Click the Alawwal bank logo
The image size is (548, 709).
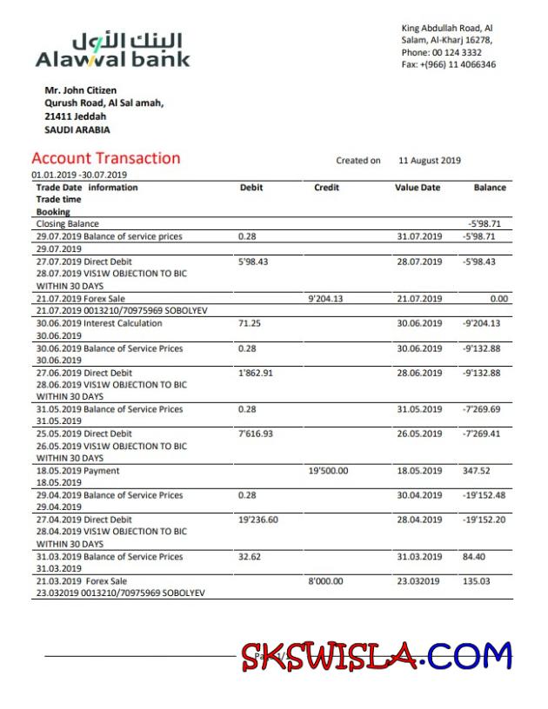(x=112, y=50)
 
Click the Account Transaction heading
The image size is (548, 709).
(x=105, y=158)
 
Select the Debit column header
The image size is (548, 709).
(x=251, y=188)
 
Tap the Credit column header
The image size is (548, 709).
(x=326, y=188)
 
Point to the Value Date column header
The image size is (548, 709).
(x=418, y=188)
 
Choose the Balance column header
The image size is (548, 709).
(x=489, y=188)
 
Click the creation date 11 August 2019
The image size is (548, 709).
(x=430, y=161)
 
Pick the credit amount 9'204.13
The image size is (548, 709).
(x=326, y=298)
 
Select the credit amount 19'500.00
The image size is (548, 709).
(x=328, y=471)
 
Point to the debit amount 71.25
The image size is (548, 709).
(x=250, y=323)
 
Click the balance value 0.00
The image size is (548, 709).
(x=498, y=298)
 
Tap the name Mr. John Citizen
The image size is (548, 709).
(x=80, y=90)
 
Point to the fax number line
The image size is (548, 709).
(x=448, y=64)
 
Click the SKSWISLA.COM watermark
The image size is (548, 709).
(x=376, y=656)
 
